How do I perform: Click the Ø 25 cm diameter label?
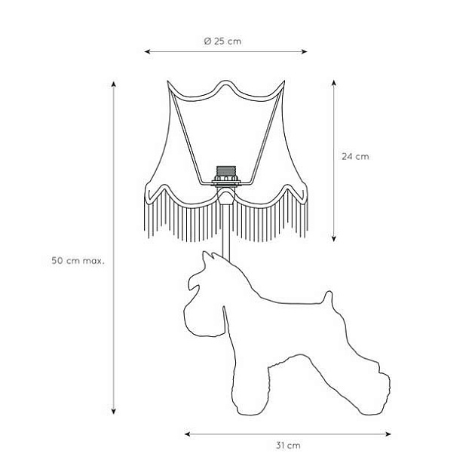coord(222,41)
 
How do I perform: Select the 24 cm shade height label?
coord(355,157)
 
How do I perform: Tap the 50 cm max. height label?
coord(78,261)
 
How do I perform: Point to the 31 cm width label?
coord(288,446)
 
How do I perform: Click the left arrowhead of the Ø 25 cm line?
coord(147,51)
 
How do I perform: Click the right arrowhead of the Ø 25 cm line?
coord(305,51)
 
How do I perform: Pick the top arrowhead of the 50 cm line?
coord(114,84)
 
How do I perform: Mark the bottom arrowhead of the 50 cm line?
coord(114,411)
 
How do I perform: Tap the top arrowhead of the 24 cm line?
coord(334,83)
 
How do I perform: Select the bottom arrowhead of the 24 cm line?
coord(334,239)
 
